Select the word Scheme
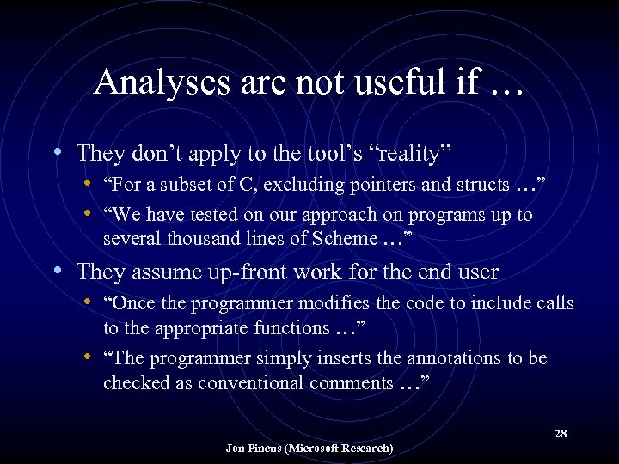point(348,239)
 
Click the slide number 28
point(561,433)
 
